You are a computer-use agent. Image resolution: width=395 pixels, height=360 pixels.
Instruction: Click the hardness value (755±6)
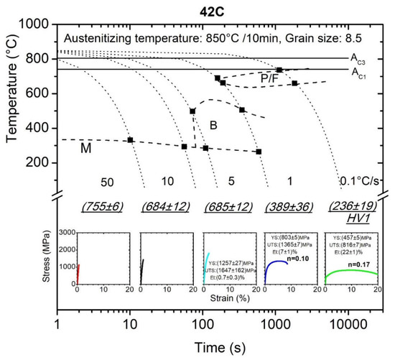pos(103,207)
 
